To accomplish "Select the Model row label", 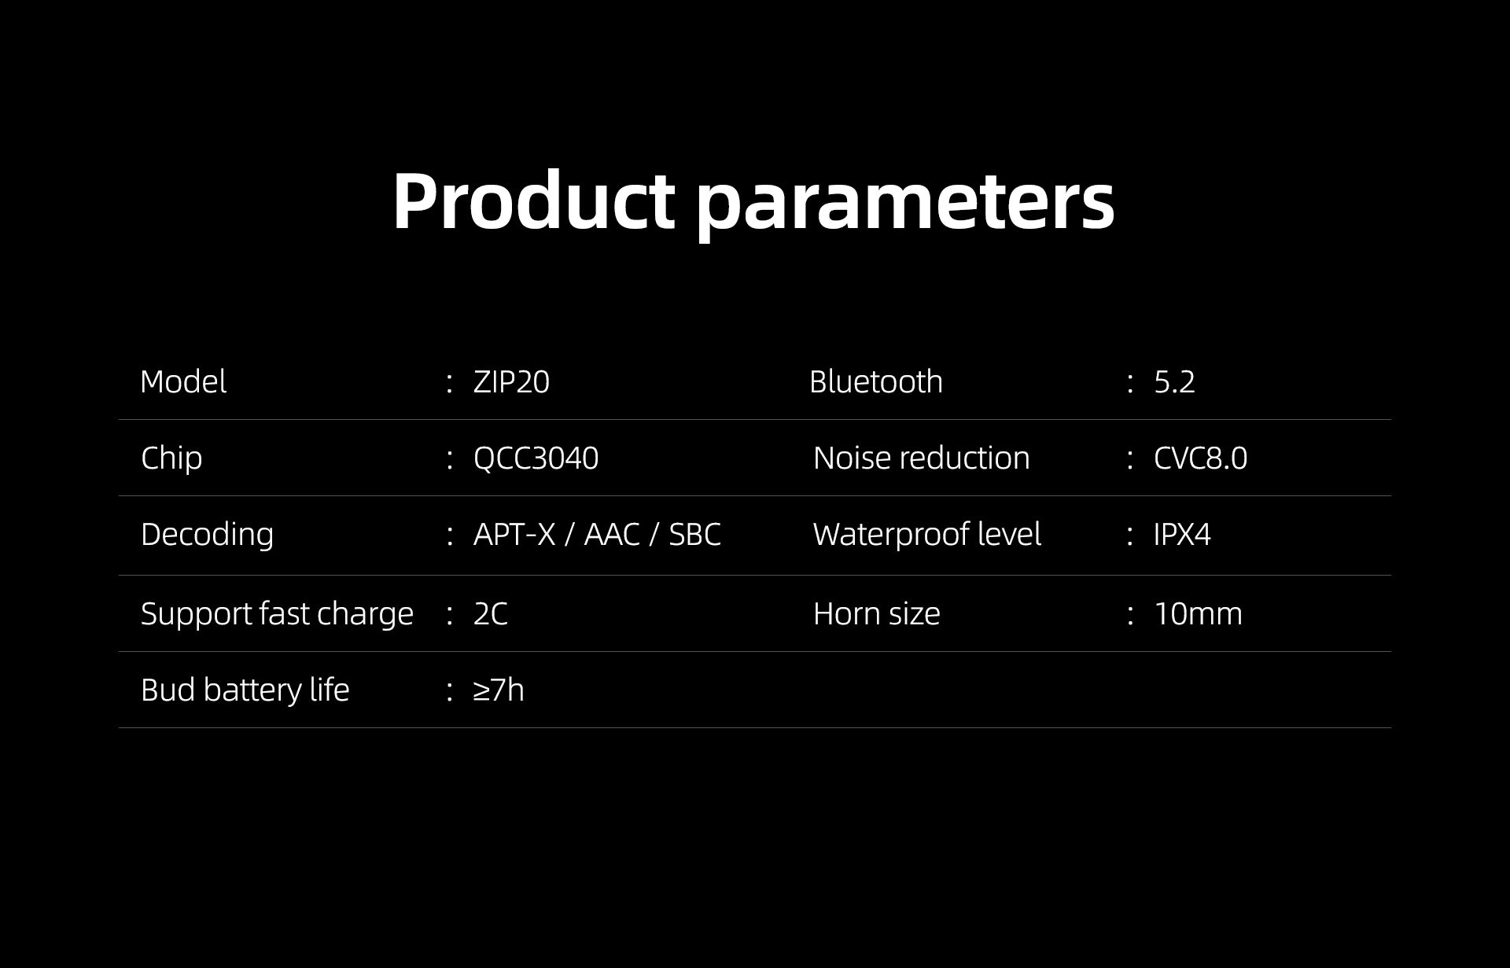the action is [x=183, y=382].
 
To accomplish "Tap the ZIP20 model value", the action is [x=511, y=382].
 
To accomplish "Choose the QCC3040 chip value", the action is [x=536, y=458].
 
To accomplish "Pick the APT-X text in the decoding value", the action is [x=514, y=535].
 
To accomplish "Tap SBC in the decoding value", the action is [x=694, y=535].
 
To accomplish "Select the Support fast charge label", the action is [x=277, y=614].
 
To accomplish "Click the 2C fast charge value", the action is [x=491, y=614].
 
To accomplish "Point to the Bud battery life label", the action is [x=245, y=690].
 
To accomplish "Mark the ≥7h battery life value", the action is [x=499, y=690].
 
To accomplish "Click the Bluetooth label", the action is [x=876, y=382].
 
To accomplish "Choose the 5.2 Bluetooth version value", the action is [x=1174, y=382].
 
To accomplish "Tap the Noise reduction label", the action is [x=922, y=458].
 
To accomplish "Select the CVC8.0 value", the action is [x=1200, y=458].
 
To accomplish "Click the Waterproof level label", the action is [x=927, y=535].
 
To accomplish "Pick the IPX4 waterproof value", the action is [x=1182, y=535].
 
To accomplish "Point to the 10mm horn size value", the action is [x=1198, y=614].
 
